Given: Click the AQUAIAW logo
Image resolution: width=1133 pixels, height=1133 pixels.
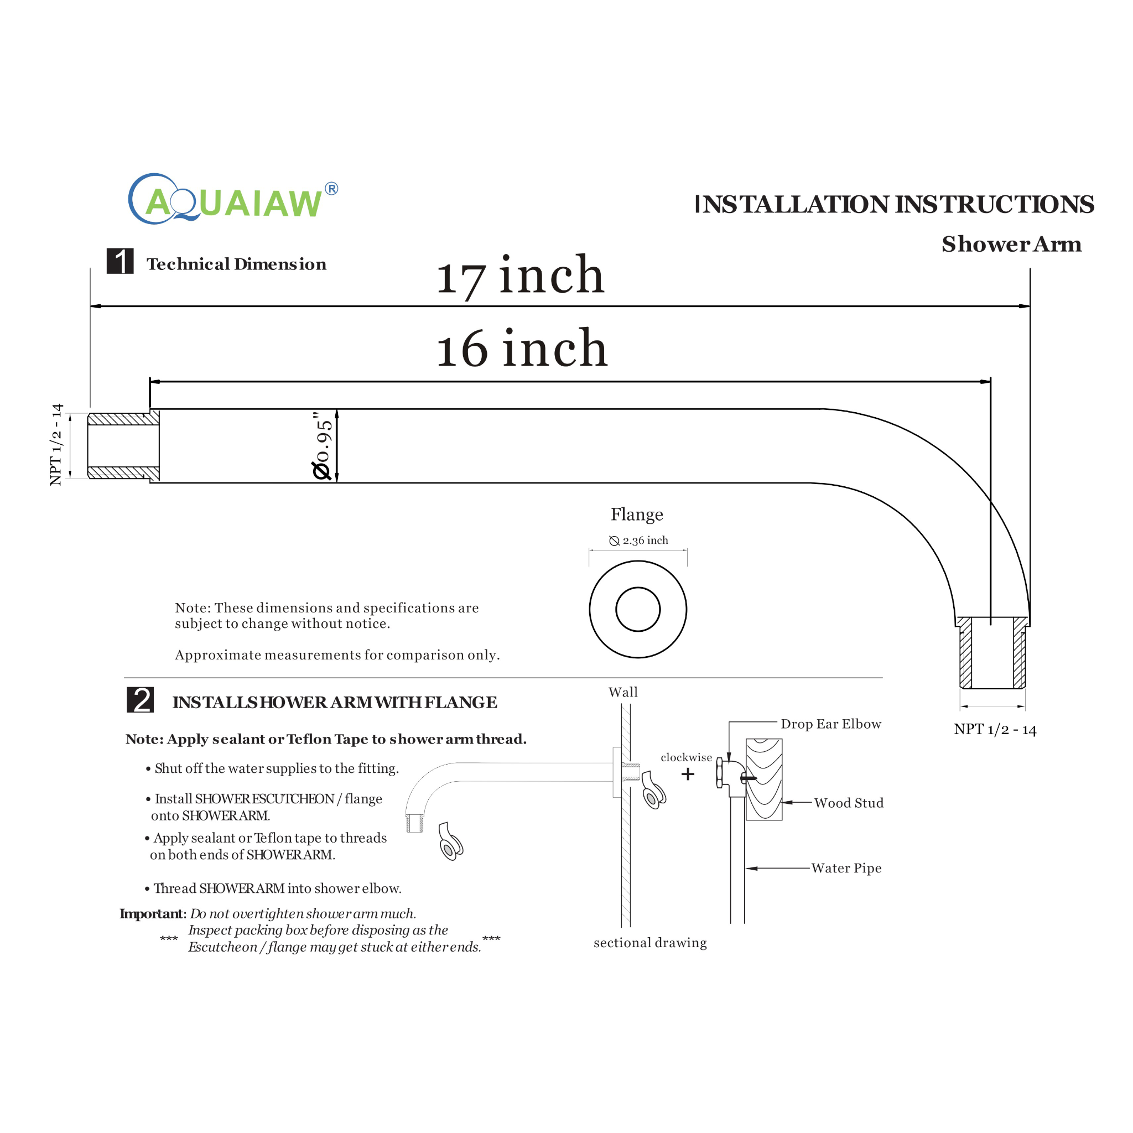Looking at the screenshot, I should (x=232, y=200).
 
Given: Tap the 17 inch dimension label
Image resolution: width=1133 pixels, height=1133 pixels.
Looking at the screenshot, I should (x=520, y=276).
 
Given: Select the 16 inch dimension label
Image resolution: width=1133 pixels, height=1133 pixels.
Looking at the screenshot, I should (x=521, y=349).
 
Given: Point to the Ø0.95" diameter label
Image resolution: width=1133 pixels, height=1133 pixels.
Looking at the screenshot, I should (x=323, y=446).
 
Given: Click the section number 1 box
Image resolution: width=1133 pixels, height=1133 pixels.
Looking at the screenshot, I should (x=120, y=262).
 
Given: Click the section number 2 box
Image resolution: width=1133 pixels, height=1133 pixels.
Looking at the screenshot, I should (x=140, y=700).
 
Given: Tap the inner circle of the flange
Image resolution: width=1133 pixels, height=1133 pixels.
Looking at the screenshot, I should (x=637, y=609).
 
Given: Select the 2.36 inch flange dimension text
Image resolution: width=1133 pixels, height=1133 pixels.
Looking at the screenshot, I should (x=638, y=540).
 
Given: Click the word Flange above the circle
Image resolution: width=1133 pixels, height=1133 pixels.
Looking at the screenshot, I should (x=637, y=514).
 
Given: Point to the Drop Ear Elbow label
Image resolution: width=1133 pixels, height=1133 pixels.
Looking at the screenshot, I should (x=830, y=724).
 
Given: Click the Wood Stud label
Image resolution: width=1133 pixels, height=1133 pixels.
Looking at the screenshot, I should (x=849, y=803).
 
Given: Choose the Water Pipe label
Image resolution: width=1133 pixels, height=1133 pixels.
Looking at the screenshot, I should (x=846, y=869).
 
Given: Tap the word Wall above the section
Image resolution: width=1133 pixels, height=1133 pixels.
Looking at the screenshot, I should (x=623, y=693).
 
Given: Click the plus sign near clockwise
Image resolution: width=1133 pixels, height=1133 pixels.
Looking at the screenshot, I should (x=688, y=775).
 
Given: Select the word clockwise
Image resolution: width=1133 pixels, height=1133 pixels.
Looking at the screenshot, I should (x=686, y=758).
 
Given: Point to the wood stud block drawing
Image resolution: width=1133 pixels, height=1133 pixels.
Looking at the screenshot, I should (x=764, y=779).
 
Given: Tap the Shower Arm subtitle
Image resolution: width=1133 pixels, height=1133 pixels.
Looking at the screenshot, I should (x=1012, y=244).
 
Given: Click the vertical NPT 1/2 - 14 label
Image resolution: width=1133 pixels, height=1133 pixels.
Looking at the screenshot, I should (x=56, y=445).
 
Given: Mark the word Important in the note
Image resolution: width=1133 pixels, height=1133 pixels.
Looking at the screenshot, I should (x=153, y=914).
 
